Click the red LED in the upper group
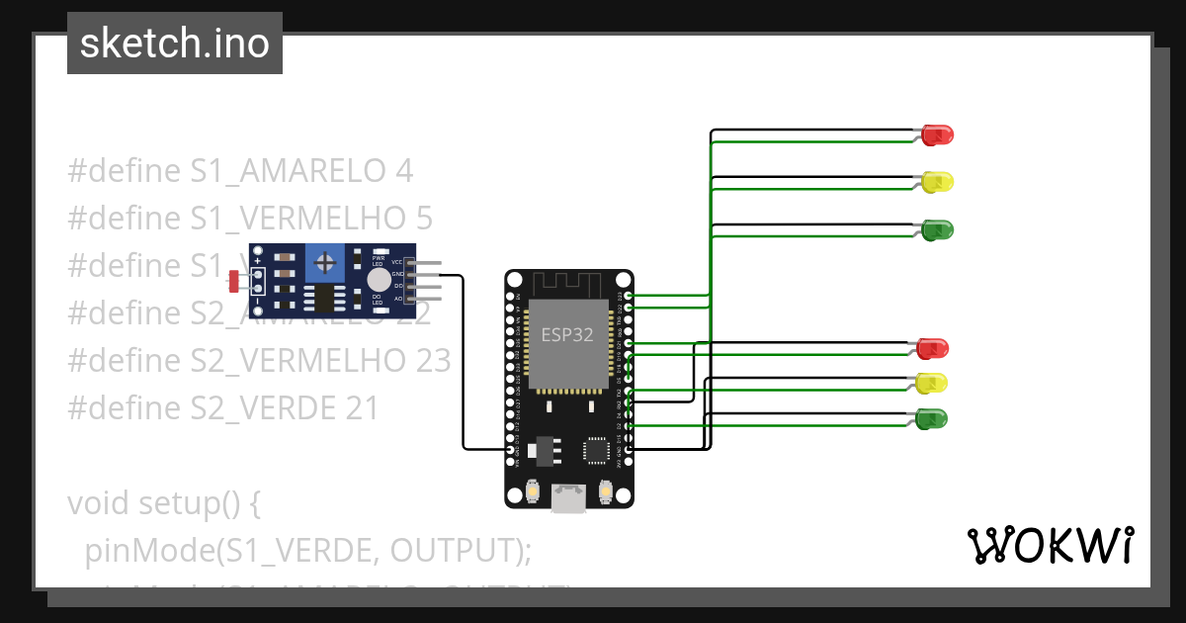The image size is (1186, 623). click(937, 134)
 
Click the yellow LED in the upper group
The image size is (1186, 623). click(937, 182)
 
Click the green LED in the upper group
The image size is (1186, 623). click(937, 229)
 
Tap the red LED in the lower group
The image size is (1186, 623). click(932, 348)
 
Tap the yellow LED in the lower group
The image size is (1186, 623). click(932, 383)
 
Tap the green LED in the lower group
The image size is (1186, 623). click(932, 418)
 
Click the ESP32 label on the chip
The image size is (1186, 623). click(566, 334)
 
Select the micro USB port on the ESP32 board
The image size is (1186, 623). click(566, 497)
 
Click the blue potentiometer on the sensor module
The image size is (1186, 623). click(324, 263)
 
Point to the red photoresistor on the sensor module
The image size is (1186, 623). click(234, 282)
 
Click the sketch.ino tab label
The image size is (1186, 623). click(175, 44)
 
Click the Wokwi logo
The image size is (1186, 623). click(1050, 545)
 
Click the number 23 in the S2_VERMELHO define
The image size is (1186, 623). click(430, 360)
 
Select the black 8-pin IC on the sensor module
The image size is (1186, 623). click(322, 297)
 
